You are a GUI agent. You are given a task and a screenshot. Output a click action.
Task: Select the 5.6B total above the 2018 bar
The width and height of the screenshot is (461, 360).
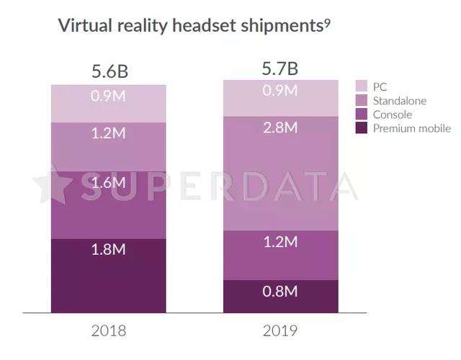[x=109, y=72]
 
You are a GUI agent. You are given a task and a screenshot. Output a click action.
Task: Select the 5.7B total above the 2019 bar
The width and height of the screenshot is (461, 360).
[x=281, y=69]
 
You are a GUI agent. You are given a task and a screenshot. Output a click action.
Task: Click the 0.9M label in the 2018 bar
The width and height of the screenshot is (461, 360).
[x=109, y=96]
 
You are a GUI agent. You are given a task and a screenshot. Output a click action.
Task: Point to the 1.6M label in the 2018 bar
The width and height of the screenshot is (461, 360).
[x=109, y=183]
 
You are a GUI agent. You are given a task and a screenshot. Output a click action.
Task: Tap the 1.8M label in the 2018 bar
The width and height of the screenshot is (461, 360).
[x=109, y=250]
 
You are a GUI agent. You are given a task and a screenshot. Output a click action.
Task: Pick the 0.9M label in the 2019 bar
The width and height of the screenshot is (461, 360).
[x=281, y=91]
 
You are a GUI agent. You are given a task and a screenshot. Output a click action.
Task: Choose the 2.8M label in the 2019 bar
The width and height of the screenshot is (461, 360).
[x=281, y=127]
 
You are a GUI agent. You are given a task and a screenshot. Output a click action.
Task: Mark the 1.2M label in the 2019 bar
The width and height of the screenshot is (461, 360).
[x=281, y=241]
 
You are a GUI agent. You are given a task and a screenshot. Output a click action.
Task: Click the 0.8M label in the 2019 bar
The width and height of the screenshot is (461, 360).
[x=281, y=292]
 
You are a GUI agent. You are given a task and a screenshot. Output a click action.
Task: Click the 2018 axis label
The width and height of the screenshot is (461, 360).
[x=109, y=331]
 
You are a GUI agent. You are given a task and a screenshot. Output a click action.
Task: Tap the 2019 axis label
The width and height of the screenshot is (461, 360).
[x=281, y=331]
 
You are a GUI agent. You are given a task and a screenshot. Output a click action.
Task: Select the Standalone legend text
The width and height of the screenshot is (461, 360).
[x=400, y=101]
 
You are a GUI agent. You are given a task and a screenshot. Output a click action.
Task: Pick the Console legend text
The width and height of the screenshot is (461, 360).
[x=393, y=114]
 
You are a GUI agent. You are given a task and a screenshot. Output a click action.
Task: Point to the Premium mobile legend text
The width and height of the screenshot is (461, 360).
[x=412, y=128]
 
